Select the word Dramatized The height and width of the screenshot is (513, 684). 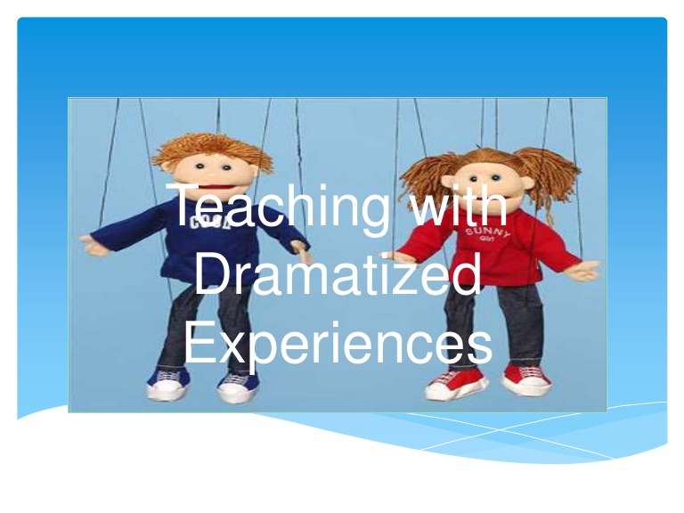337,275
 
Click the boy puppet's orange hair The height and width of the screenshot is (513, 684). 212,146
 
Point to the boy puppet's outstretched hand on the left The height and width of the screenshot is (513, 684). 96,242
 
